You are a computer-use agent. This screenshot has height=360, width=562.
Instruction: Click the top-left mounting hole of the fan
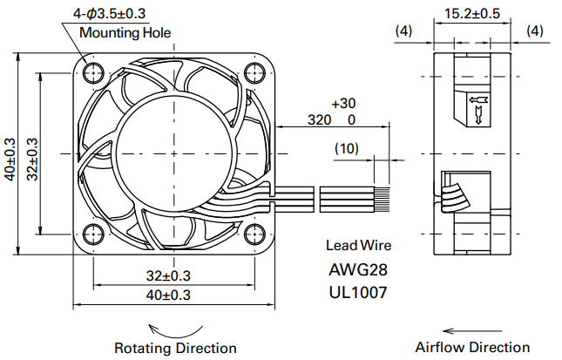tap(93, 73)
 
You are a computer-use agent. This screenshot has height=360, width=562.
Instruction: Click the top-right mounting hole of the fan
tap(254, 73)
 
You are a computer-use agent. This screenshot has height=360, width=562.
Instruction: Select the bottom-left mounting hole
tap(93, 234)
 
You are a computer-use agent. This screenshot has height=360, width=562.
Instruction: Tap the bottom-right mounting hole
tap(254, 234)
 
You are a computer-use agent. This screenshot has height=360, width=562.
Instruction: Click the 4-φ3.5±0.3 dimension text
tap(109, 14)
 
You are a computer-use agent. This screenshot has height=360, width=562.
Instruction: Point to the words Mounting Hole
tap(125, 32)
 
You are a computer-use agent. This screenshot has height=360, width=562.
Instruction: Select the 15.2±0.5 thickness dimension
tap(472, 14)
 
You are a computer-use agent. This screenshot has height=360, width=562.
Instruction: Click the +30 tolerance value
tap(343, 103)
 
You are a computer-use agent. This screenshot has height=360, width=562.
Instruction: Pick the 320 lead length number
tap(319, 119)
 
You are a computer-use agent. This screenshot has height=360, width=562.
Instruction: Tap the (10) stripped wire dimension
tap(346, 148)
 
